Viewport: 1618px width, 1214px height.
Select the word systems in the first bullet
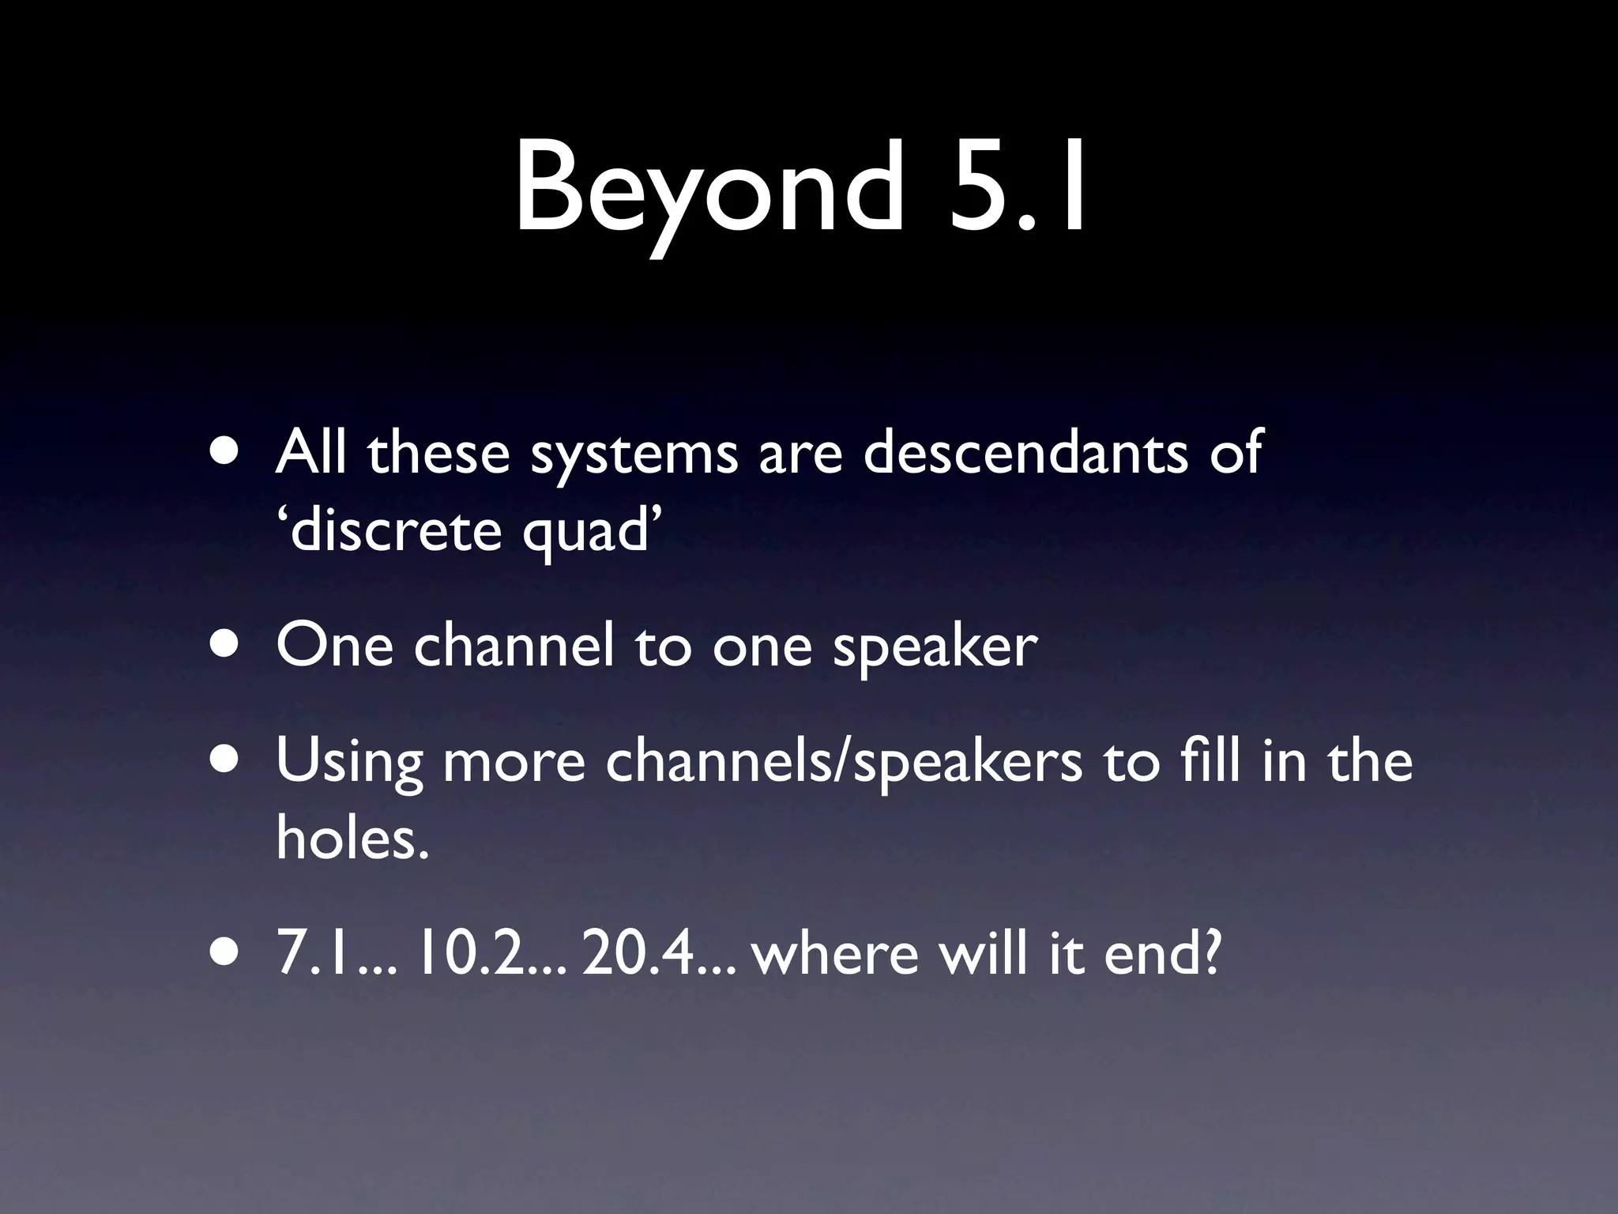[x=634, y=454]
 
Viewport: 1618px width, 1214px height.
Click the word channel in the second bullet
[x=514, y=645]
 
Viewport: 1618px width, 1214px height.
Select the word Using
[x=349, y=763]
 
